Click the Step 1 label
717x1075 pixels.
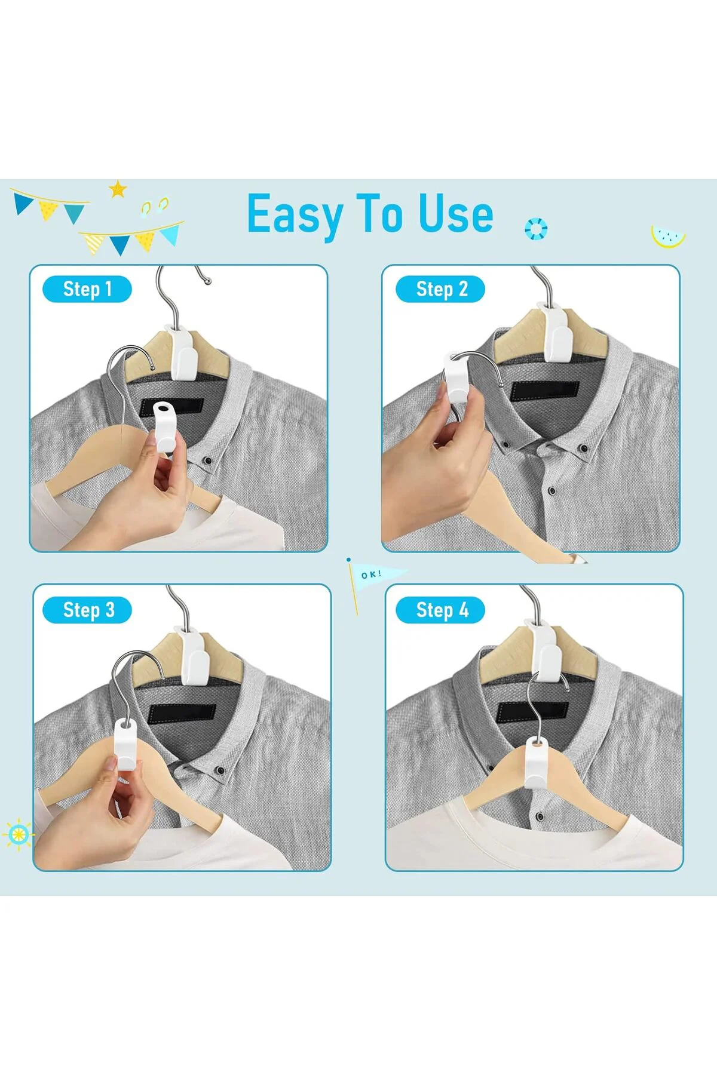click(87, 289)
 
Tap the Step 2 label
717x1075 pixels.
click(440, 289)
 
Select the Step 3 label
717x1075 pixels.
click(87, 610)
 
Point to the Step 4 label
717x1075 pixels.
click(440, 610)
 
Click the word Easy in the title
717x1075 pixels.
click(296, 215)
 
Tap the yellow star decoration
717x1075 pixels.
click(118, 189)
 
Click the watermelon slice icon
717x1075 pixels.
click(668, 236)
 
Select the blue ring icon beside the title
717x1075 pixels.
click(535, 229)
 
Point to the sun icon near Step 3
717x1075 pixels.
click(19, 833)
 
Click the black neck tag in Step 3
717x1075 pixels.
click(182, 713)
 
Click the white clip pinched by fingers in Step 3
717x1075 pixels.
click(125, 744)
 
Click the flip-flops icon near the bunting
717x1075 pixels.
click(155, 205)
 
